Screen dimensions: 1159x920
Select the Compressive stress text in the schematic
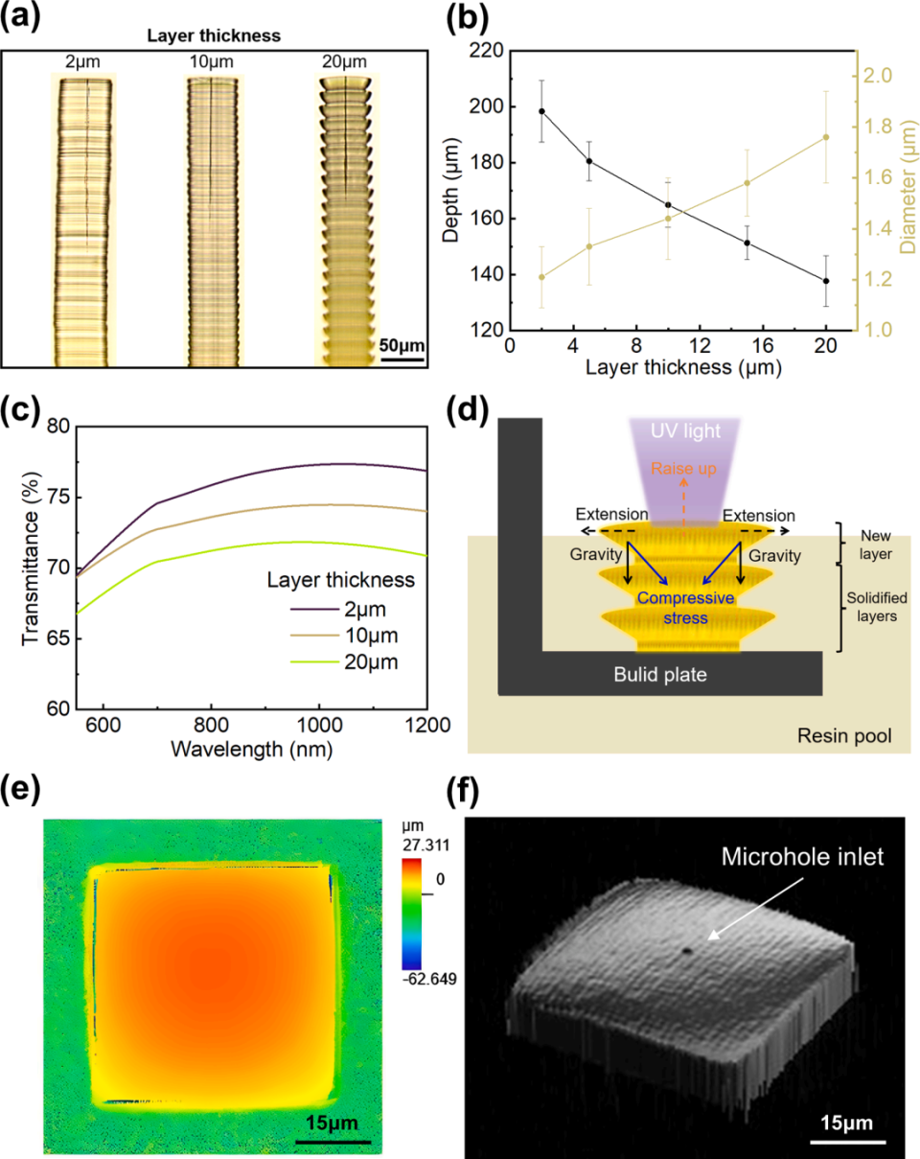[x=683, y=608]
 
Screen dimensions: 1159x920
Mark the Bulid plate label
[x=660, y=674]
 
